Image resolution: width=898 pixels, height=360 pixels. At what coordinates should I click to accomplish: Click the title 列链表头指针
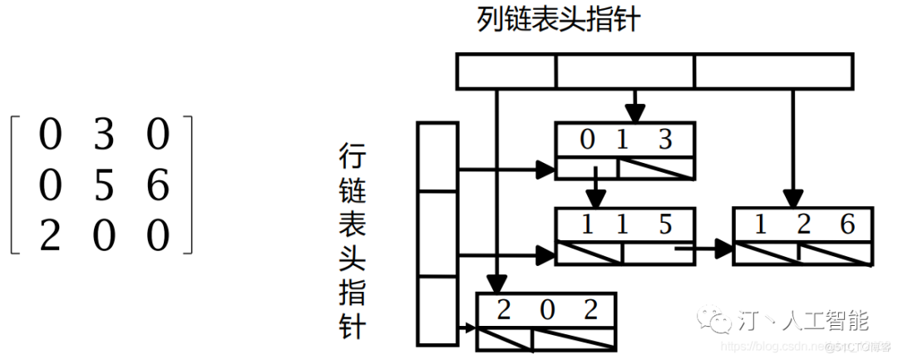pyautogui.click(x=559, y=18)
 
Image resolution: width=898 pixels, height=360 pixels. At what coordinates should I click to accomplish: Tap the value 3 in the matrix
pyautogui.click(x=104, y=135)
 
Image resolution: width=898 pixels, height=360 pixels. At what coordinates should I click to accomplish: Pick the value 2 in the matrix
pyautogui.click(x=50, y=236)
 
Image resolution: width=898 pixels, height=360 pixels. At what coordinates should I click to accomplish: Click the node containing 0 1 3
pyautogui.click(x=624, y=150)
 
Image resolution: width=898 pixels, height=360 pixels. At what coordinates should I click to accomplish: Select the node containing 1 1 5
pyautogui.click(x=624, y=236)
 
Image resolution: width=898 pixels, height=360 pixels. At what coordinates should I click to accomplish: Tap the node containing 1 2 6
pyautogui.click(x=803, y=236)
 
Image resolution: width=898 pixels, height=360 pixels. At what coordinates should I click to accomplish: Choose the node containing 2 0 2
pyautogui.click(x=546, y=320)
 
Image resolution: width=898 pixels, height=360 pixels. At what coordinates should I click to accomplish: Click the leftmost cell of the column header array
pyautogui.click(x=506, y=71)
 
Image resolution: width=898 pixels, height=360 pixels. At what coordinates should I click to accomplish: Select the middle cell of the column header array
pyautogui.click(x=624, y=71)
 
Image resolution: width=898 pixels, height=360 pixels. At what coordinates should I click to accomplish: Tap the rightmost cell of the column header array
pyautogui.click(x=772, y=71)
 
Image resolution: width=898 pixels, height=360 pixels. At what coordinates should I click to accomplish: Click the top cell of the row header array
pyautogui.click(x=437, y=156)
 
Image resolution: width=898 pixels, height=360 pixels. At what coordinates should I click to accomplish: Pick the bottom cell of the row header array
pyautogui.click(x=437, y=310)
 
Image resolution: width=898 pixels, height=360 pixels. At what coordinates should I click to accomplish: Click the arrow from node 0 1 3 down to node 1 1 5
pyautogui.click(x=595, y=190)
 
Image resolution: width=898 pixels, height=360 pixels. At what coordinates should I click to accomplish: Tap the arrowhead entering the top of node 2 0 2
pyautogui.click(x=496, y=284)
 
